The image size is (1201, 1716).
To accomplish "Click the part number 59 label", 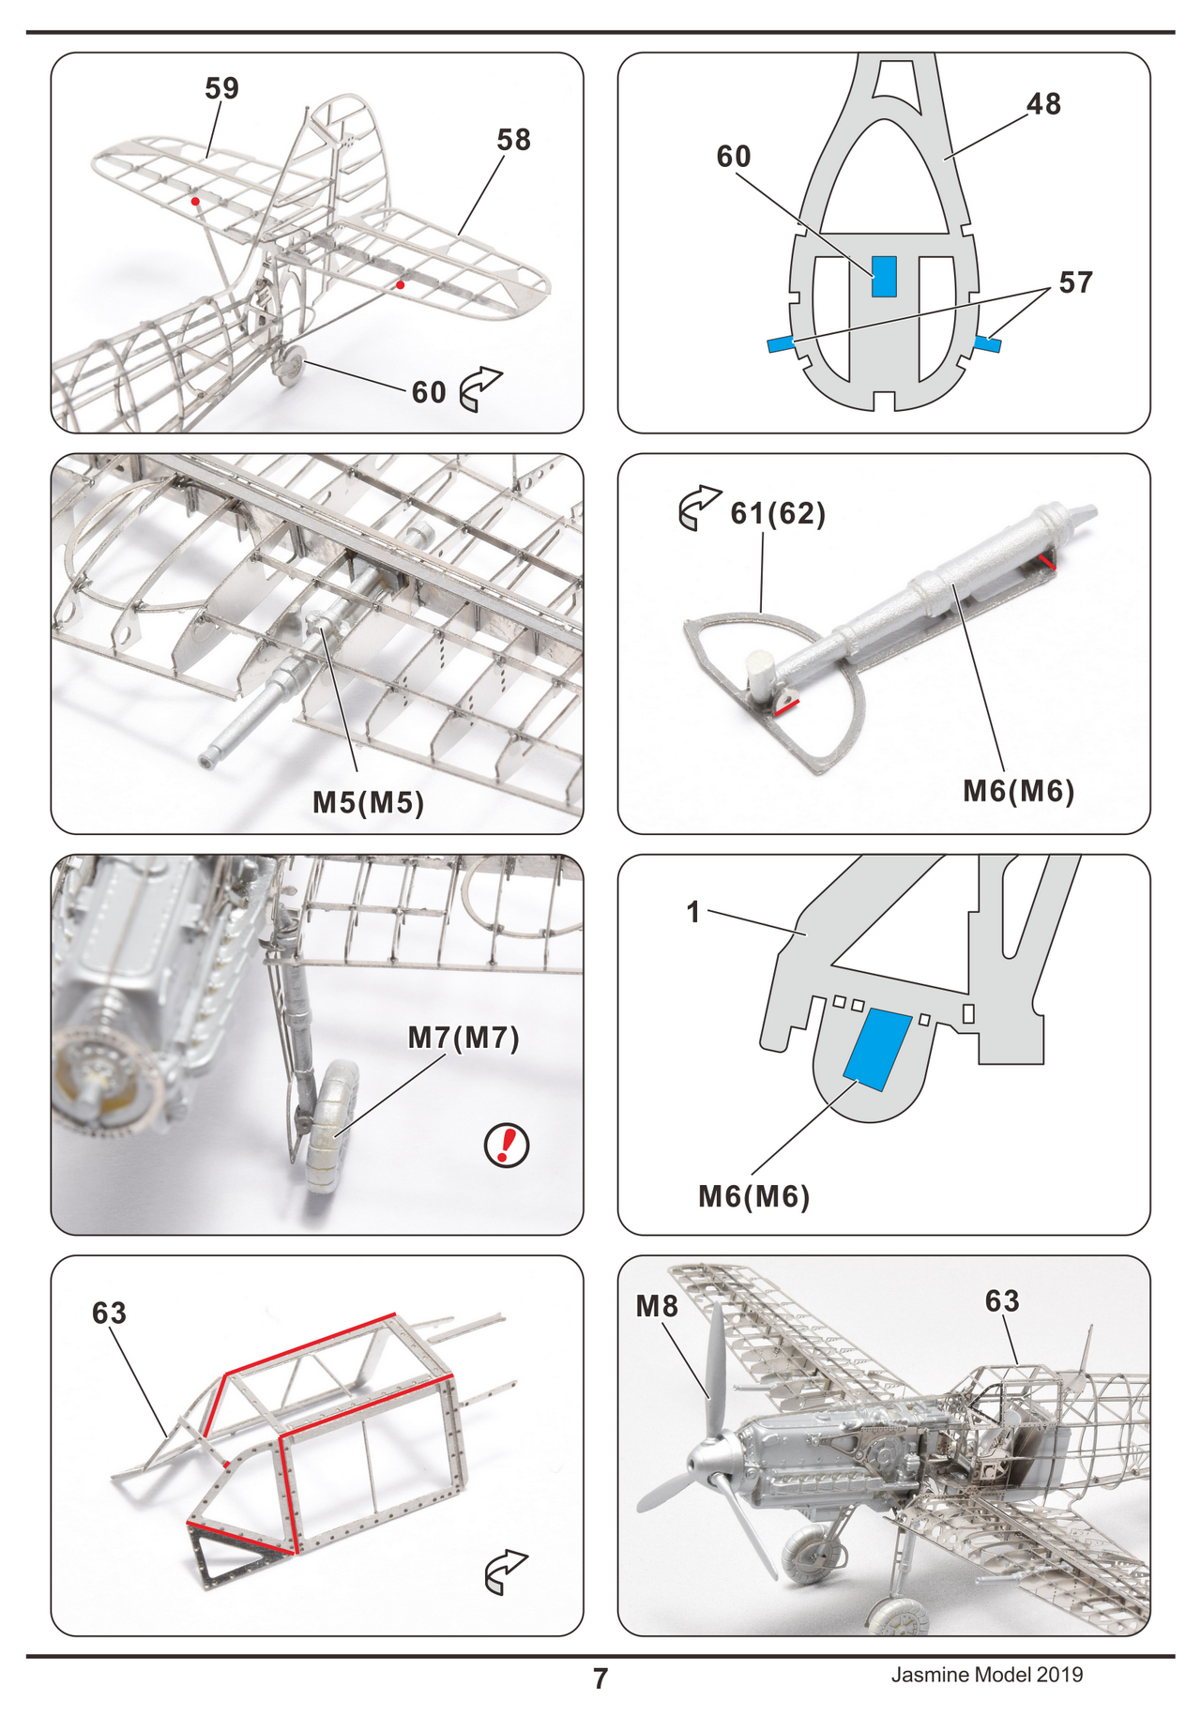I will pyautogui.click(x=221, y=88).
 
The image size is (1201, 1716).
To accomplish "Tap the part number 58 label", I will pyautogui.click(x=513, y=140).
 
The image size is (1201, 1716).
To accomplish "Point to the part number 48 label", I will pyautogui.click(x=1043, y=103).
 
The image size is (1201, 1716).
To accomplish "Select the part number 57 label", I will pyautogui.click(x=1075, y=282).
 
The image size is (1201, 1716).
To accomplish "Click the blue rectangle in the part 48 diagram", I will pyautogui.click(x=884, y=277).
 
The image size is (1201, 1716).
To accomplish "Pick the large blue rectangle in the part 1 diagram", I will pyautogui.click(x=878, y=1049).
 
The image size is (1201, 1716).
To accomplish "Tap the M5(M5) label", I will pyautogui.click(x=368, y=802).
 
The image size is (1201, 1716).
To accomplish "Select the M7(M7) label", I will pyautogui.click(x=464, y=1038).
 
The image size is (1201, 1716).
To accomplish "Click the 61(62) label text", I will pyautogui.click(x=778, y=513).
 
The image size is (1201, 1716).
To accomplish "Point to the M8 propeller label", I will pyautogui.click(x=656, y=1306).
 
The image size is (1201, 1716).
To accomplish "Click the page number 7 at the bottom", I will pyautogui.click(x=600, y=1678).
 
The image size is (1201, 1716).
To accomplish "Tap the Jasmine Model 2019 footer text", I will pyautogui.click(x=986, y=1675).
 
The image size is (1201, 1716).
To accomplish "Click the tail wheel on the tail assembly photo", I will pyautogui.click(x=291, y=363).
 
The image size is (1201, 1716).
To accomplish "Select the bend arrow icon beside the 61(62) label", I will pyautogui.click(x=699, y=509).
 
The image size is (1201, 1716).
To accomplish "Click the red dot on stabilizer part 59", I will pyautogui.click(x=195, y=202).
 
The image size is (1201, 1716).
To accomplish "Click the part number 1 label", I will pyautogui.click(x=693, y=912).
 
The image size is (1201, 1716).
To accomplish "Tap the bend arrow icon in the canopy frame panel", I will pyautogui.click(x=506, y=1572).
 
